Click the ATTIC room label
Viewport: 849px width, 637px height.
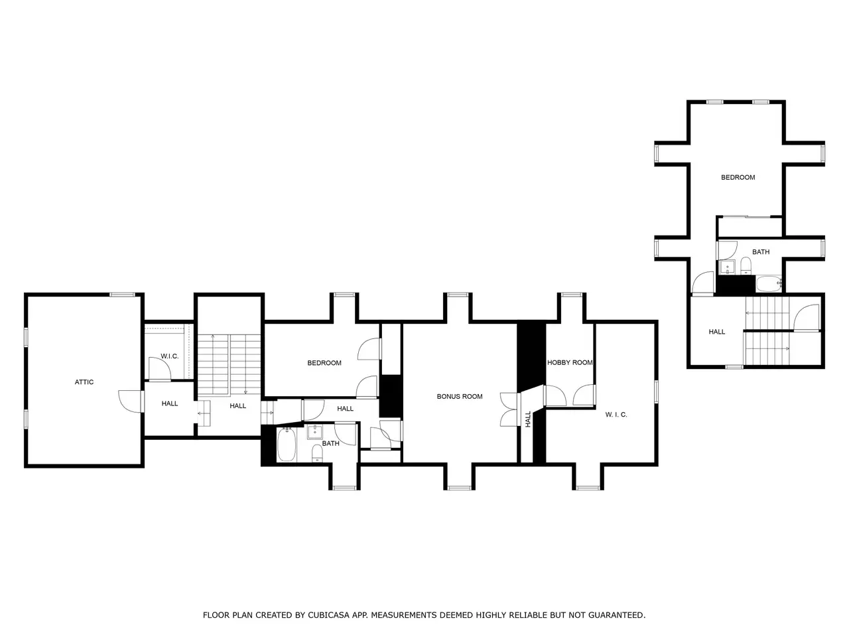[x=84, y=382]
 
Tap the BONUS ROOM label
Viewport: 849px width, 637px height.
[x=460, y=396]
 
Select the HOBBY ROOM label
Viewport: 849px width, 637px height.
[x=570, y=363]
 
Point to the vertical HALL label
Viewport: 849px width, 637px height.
[x=528, y=419]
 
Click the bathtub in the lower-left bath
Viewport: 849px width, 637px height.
[x=287, y=445]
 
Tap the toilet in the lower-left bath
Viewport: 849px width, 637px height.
[x=317, y=454]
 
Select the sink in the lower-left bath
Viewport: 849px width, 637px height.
[x=315, y=432]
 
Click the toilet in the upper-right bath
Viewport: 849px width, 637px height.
[x=746, y=265]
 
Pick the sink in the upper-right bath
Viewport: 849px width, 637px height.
[x=728, y=267]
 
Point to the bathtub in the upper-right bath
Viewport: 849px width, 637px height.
[x=769, y=284]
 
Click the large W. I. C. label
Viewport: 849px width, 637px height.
[x=616, y=415]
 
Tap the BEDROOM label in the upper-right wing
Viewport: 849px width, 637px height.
[x=738, y=178]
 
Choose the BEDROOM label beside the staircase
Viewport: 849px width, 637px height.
[x=324, y=363]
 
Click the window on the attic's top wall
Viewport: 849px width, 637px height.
[x=122, y=295]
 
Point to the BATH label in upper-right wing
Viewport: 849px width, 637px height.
[x=761, y=251]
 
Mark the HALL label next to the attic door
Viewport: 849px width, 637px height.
[x=169, y=403]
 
